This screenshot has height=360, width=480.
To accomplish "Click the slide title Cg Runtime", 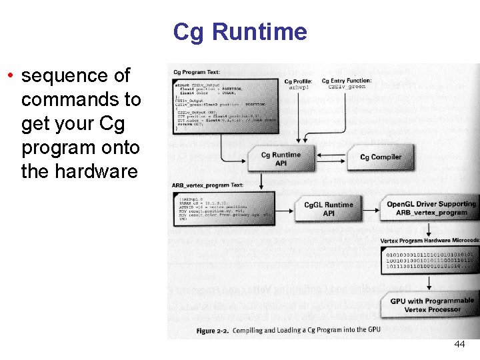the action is click(240, 32).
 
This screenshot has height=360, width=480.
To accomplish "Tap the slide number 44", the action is click(459, 344).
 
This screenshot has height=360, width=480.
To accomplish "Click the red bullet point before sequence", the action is click(11, 75).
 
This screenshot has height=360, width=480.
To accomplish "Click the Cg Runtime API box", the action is click(281, 159).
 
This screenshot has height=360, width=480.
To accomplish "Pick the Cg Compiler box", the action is click(381, 157).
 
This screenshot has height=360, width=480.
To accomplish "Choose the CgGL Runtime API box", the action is click(329, 209).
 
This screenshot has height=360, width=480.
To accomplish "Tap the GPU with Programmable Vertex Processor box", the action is click(432, 305).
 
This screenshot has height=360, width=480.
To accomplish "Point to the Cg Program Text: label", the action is click(197, 72).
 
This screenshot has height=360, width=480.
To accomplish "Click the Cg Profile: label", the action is click(299, 81).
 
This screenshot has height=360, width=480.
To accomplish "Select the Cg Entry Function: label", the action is click(347, 81).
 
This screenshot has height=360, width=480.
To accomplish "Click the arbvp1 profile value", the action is click(299, 88).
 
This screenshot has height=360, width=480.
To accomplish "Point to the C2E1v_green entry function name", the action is click(347, 87).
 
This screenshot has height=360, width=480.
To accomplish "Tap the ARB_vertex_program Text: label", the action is click(207, 185).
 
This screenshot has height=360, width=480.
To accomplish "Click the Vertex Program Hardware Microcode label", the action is click(429, 240).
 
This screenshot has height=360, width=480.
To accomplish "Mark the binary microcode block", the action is click(430, 260).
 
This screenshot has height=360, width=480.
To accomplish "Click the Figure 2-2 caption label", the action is click(214, 330).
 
